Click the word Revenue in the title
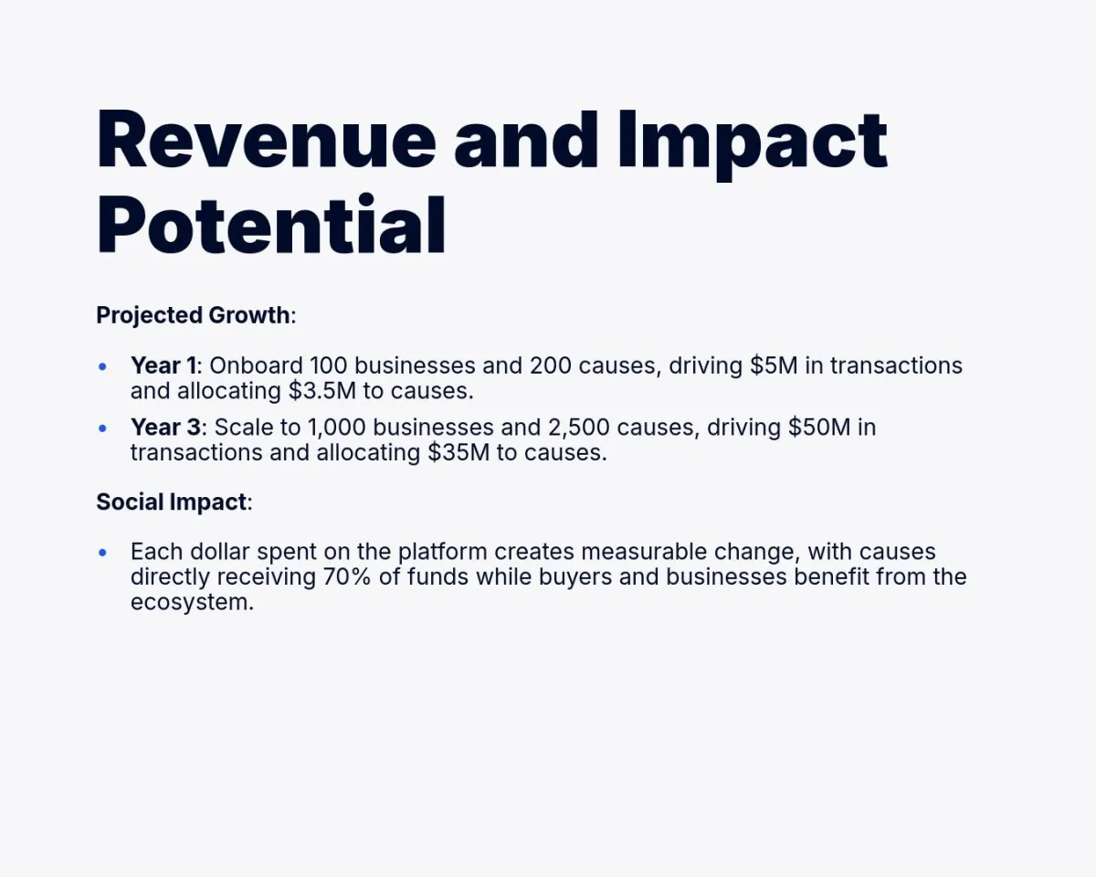pyautogui.click(x=267, y=140)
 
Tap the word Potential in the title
pyautogui.click(x=271, y=224)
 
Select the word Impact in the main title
pyautogui.click(x=753, y=145)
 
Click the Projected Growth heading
pyautogui.click(x=193, y=315)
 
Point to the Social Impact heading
pyautogui.click(x=172, y=502)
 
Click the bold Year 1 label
pyautogui.click(x=163, y=365)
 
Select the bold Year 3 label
pyautogui.click(x=165, y=427)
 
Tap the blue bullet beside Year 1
pyautogui.click(x=102, y=366)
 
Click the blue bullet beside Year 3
pyautogui.click(x=102, y=428)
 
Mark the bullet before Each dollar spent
pyautogui.click(x=102, y=553)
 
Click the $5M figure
pyautogui.click(x=774, y=365)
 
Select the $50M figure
pyautogui.click(x=819, y=427)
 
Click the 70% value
pyautogui.click(x=347, y=576)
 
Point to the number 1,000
pyautogui.click(x=337, y=428)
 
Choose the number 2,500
pyautogui.click(x=578, y=428)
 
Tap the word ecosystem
pyautogui.click(x=192, y=603)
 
